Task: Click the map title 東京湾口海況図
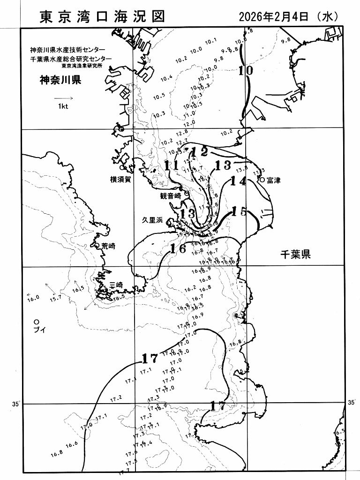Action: click(102, 17)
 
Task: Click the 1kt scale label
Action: click(63, 106)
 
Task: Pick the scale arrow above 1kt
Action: click(64, 98)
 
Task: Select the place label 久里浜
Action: click(153, 220)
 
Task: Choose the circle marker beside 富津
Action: click(262, 180)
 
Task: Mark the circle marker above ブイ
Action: click(36, 322)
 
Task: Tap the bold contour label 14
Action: click(238, 181)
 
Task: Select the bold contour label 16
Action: click(178, 248)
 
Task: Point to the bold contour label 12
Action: click(199, 151)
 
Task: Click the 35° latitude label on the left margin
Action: click(14, 404)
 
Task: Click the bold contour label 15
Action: click(239, 212)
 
